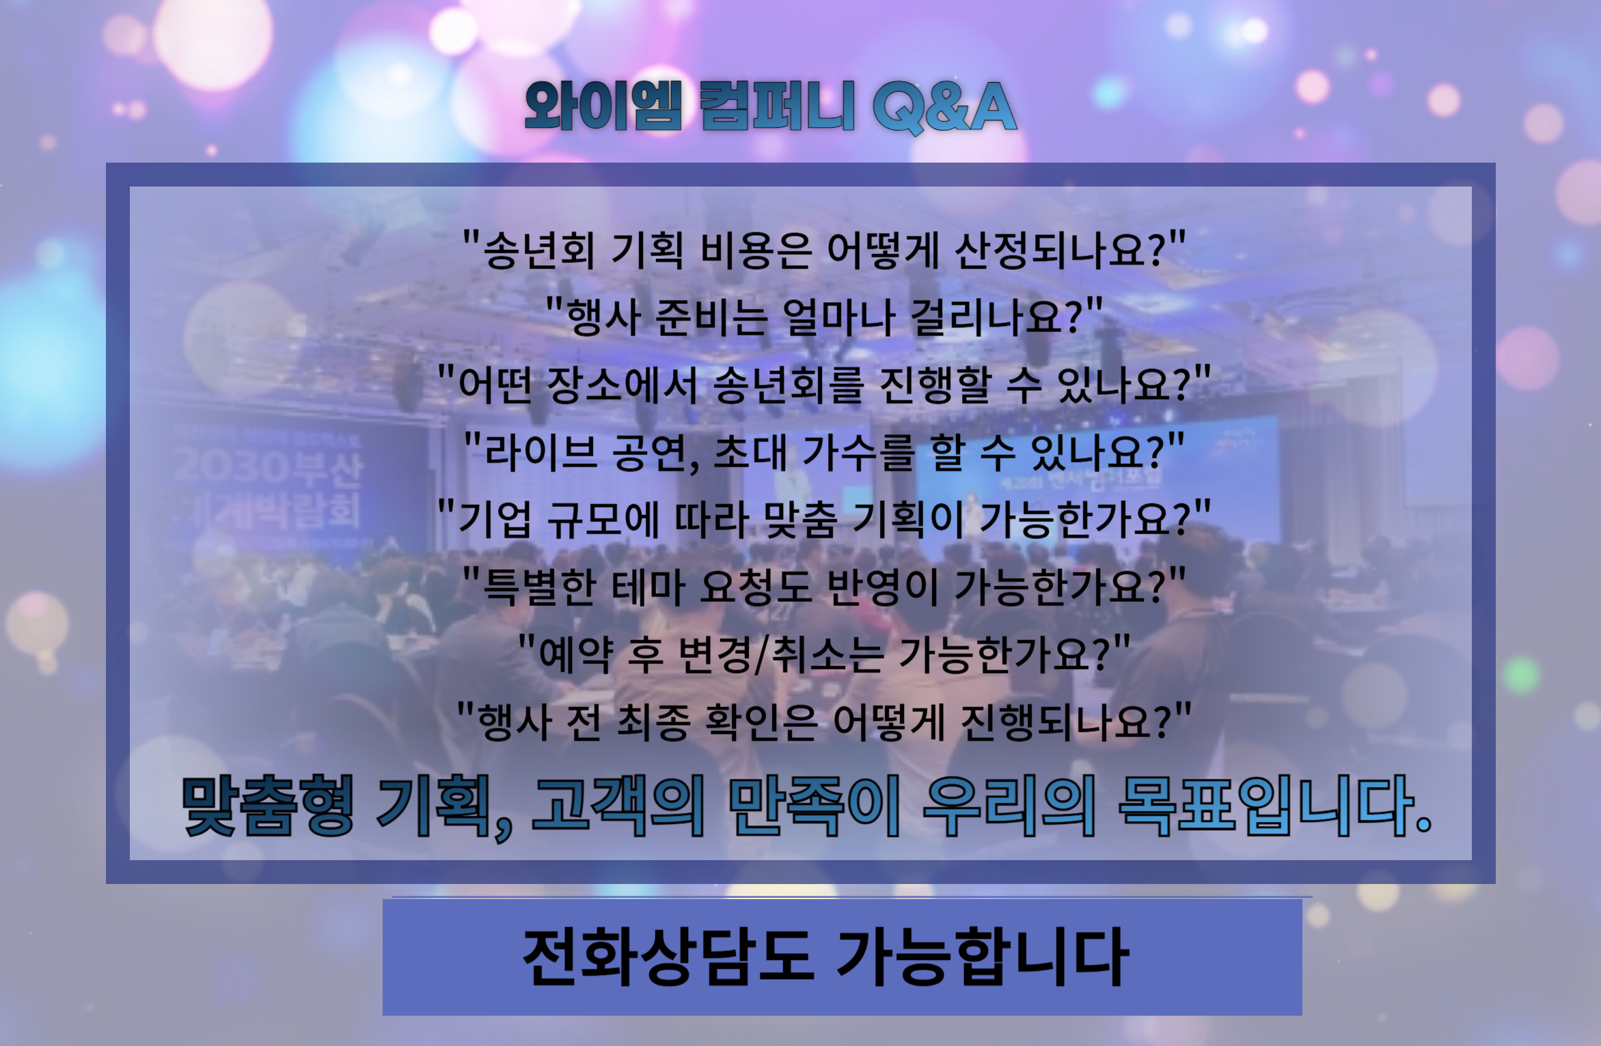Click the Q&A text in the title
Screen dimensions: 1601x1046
[x=945, y=107]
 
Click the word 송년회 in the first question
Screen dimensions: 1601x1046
[x=540, y=251]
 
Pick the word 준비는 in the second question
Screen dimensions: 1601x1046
[x=710, y=318]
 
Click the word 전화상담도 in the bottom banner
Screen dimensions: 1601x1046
[x=668, y=956]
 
